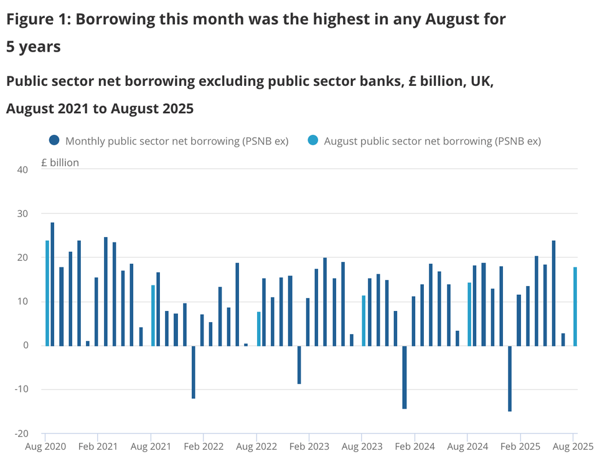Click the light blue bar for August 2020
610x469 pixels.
[x=47, y=293]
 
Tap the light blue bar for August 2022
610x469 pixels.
[x=258, y=328]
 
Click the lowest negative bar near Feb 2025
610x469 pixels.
[x=510, y=378]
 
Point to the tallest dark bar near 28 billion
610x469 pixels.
[x=52, y=284]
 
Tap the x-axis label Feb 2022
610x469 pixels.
[x=204, y=447]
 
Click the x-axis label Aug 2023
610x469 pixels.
[x=362, y=447]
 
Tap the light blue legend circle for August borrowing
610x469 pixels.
[x=313, y=141]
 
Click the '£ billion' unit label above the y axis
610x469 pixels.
[x=60, y=163]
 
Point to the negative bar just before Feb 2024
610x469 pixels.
[x=405, y=377]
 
